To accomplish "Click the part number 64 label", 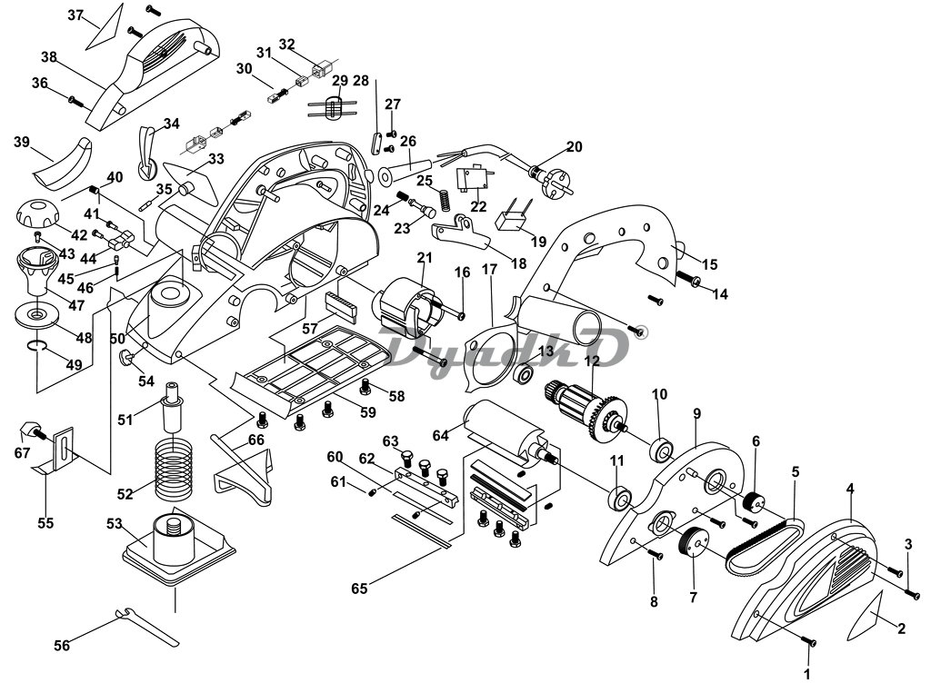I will [x=441, y=436].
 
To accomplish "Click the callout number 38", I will [x=49, y=56].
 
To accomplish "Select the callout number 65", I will [x=360, y=588].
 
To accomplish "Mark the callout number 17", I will [x=489, y=269].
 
